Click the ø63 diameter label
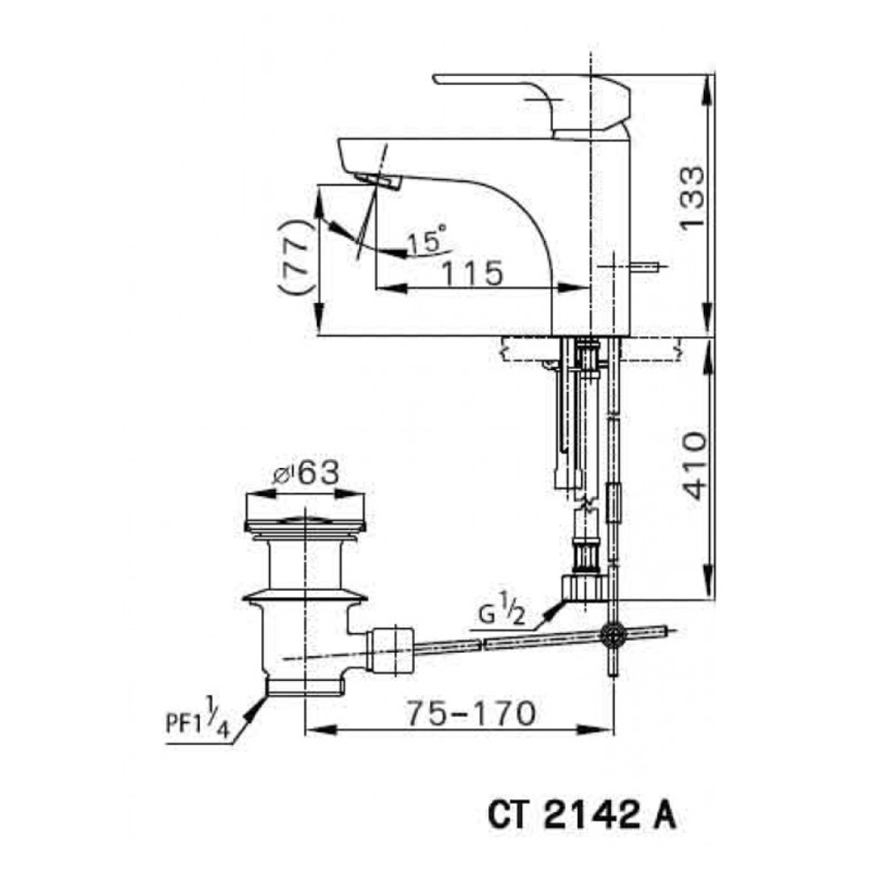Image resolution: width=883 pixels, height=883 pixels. coord(306,473)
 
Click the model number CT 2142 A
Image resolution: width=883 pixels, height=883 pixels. coord(582,815)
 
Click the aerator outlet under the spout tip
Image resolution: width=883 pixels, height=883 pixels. coord(380,181)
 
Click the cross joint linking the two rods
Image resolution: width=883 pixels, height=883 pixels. coord(612,633)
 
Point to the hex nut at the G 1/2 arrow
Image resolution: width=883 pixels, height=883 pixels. coord(585,587)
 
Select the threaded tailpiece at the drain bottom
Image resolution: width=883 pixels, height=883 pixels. coord(305,685)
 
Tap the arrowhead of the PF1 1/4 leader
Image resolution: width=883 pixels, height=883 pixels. coord(261,703)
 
